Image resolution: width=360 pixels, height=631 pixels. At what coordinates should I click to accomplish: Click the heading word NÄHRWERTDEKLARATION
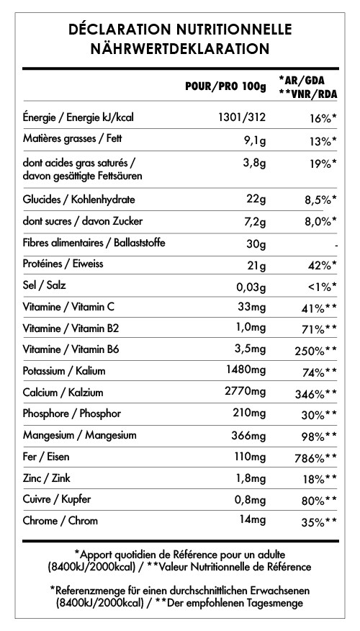[180, 48]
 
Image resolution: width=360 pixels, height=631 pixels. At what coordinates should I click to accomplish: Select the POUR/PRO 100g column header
[225, 87]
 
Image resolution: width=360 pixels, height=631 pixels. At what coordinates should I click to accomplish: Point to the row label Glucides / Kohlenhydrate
[79, 199]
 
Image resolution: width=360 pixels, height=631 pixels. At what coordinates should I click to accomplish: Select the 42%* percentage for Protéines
[321, 265]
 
